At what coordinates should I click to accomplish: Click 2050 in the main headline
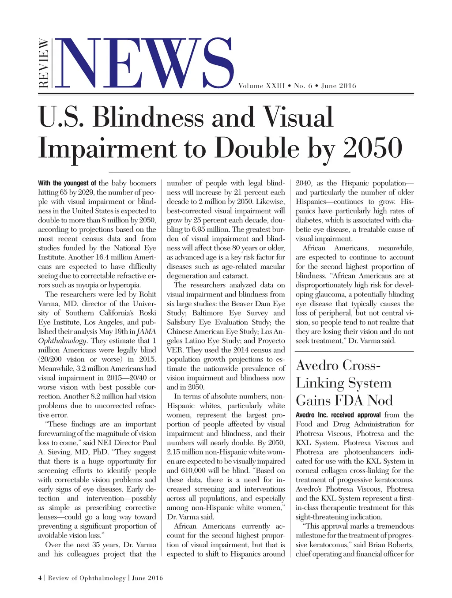click(x=373, y=148)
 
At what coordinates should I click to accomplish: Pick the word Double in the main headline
click(x=257, y=148)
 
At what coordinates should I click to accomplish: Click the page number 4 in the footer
click(x=40, y=578)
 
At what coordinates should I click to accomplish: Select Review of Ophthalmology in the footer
click(x=87, y=578)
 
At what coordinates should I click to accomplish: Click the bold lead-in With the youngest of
click(x=67, y=183)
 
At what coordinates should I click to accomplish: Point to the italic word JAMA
click(x=147, y=331)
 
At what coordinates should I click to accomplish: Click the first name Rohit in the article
click(x=147, y=294)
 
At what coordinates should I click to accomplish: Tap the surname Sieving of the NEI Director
click(x=58, y=452)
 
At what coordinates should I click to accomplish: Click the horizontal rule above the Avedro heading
click(x=354, y=351)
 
